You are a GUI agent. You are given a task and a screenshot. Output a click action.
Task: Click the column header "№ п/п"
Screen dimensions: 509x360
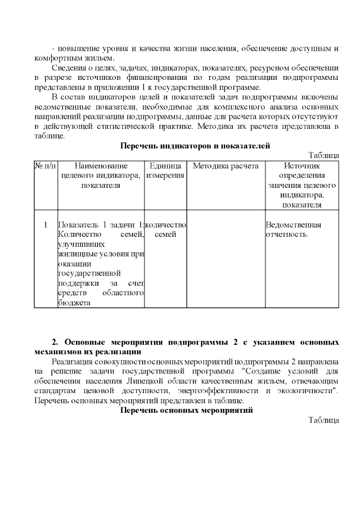46,166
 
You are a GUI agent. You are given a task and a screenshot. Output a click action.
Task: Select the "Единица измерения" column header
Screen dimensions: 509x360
165,170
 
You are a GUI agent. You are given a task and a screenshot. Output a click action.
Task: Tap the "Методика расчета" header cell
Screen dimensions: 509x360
226,166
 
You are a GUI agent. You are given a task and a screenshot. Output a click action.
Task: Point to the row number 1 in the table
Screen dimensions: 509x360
46,225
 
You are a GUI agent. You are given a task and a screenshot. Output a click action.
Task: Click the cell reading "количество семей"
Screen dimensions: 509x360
165,229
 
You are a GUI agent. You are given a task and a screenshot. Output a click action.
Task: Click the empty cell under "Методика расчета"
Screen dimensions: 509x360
226,259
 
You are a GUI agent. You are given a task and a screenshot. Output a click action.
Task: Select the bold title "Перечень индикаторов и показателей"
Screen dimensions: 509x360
196,146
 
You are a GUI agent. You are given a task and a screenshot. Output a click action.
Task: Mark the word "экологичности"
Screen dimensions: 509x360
306,390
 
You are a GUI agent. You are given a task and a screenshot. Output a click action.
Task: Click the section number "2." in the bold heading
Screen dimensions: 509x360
55,342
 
